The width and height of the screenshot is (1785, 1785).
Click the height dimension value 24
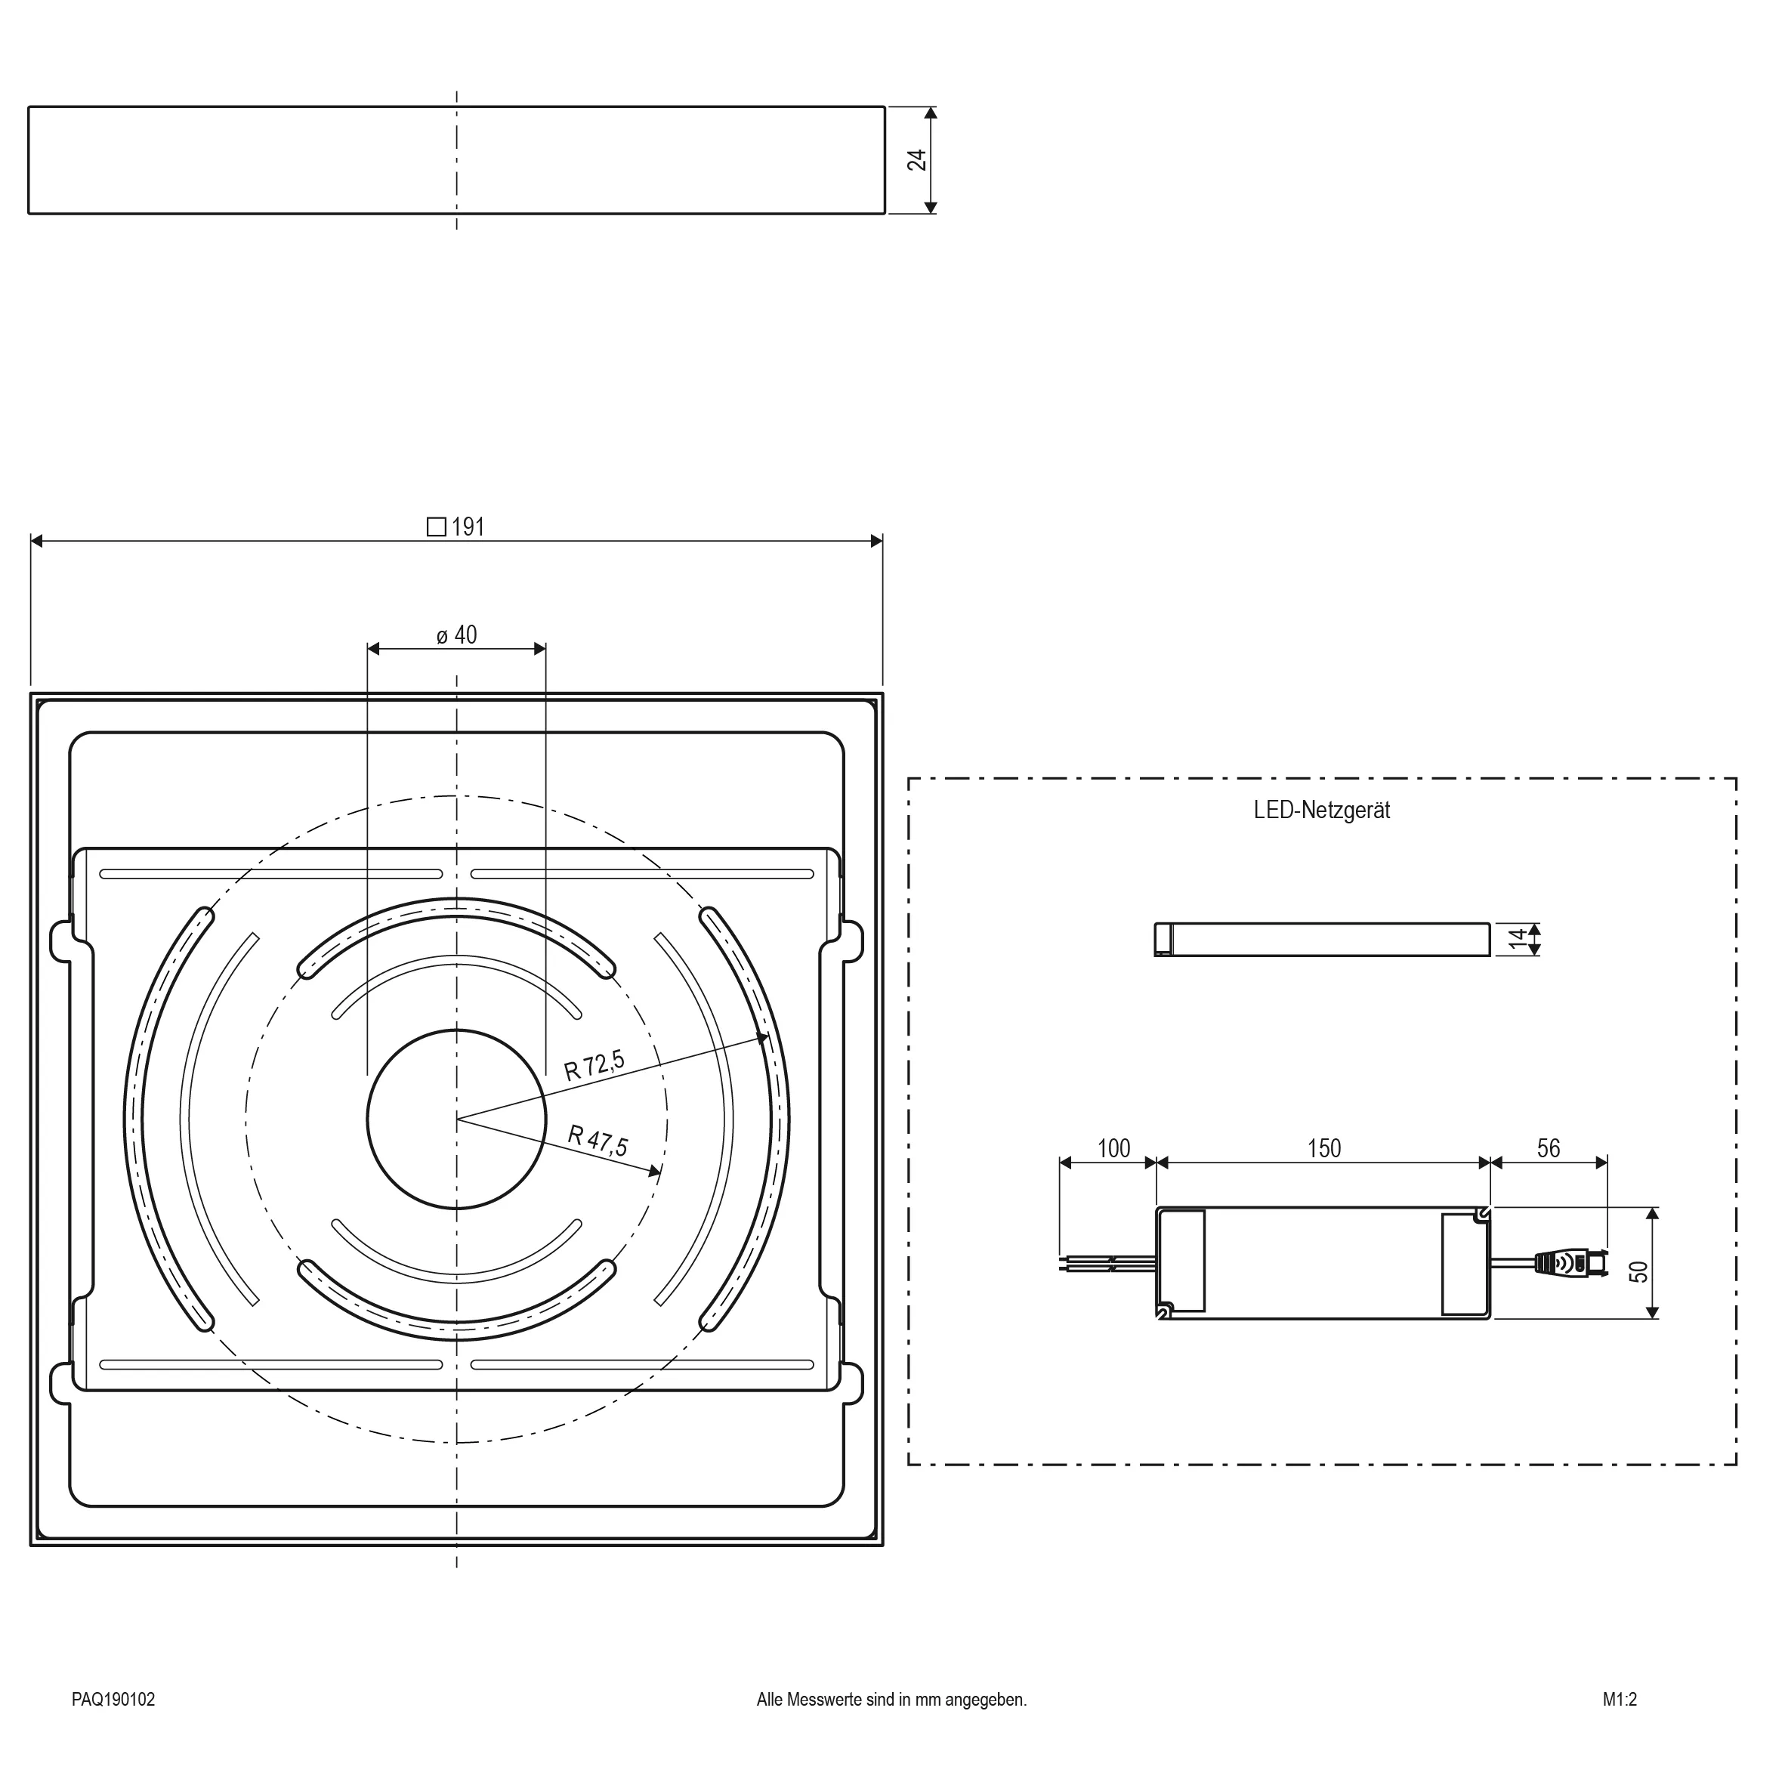[x=916, y=160]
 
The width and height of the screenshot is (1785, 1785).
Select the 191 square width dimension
[x=456, y=527]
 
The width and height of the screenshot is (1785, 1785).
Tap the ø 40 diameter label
[x=456, y=635]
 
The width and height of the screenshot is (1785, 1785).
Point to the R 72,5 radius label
[x=594, y=1065]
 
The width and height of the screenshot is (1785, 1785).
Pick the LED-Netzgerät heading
[x=1321, y=811]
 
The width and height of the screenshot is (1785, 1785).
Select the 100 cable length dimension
[x=1113, y=1148]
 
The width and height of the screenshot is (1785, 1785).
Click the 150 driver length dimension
[x=1324, y=1148]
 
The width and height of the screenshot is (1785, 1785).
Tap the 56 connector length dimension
[x=1549, y=1148]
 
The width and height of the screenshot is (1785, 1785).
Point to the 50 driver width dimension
[x=1639, y=1271]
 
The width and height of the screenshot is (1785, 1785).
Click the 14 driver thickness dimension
[x=1517, y=940]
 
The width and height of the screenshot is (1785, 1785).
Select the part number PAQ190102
[x=113, y=1699]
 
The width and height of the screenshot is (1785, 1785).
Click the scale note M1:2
[x=1620, y=1699]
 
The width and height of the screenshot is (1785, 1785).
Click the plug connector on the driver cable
[x=1570, y=1262]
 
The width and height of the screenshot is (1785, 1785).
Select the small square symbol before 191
[x=436, y=527]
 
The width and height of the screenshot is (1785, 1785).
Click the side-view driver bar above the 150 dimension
[x=1322, y=940]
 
